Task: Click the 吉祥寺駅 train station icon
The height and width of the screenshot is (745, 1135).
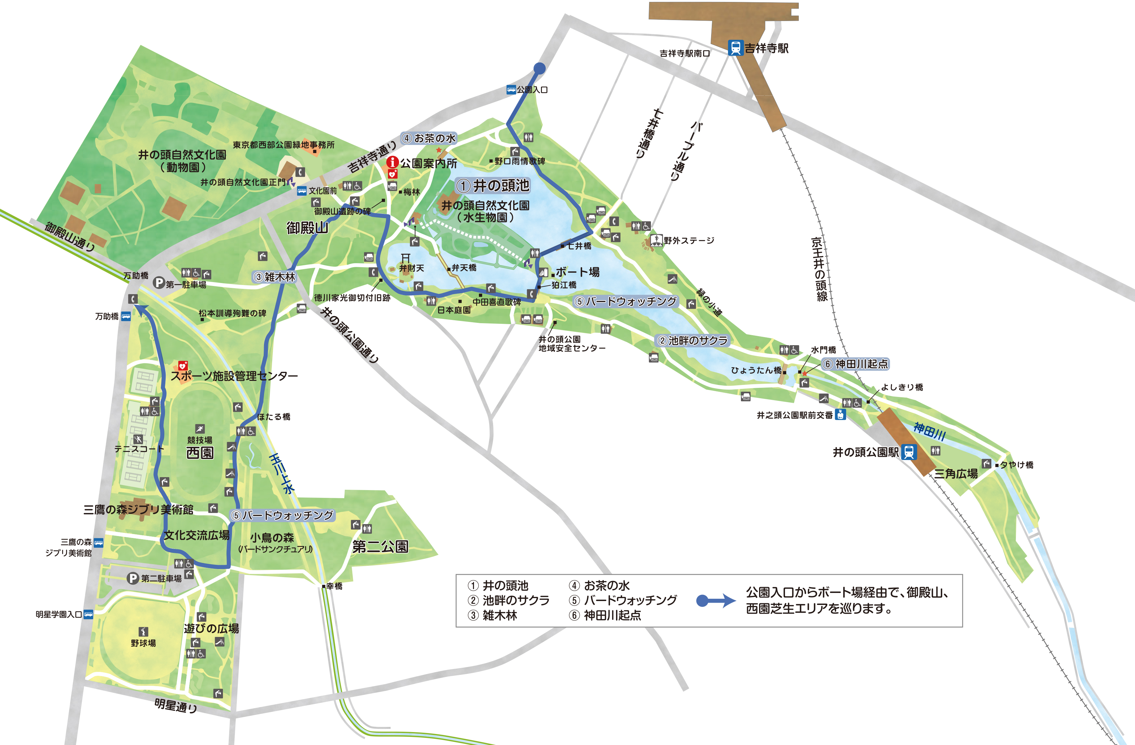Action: tap(736, 48)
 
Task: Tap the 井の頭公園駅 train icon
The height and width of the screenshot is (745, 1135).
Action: tap(909, 452)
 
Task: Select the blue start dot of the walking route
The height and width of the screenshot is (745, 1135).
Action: tap(539, 68)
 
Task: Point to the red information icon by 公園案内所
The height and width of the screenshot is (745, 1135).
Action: tap(392, 162)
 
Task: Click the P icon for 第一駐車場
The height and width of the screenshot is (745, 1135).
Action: tap(159, 283)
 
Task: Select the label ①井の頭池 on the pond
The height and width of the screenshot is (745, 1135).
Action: tap(493, 186)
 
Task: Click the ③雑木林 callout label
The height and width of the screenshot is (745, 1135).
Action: tap(275, 277)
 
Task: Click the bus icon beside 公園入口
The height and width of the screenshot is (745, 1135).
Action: tap(511, 89)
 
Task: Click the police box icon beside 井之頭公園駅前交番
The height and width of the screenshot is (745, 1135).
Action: tap(840, 414)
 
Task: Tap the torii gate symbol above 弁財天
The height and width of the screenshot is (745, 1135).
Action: tap(405, 258)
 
